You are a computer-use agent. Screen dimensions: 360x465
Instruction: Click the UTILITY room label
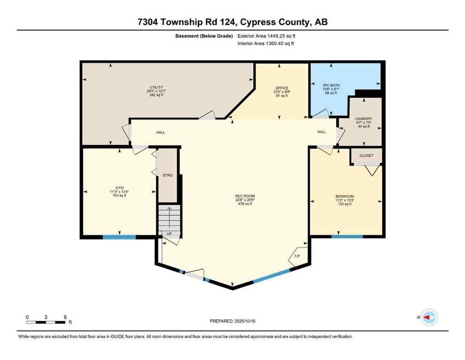(x=156, y=88)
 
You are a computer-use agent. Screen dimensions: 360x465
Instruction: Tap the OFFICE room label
(x=281, y=88)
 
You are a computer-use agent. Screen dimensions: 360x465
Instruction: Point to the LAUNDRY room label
(x=363, y=119)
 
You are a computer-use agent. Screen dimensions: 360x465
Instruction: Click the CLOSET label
(x=367, y=155)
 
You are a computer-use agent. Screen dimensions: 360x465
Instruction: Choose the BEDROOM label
(x=344, y=196)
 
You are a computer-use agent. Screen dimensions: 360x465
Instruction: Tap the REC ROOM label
(x=245, y=196)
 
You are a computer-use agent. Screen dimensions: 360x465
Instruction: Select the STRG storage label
(x=167, y=175)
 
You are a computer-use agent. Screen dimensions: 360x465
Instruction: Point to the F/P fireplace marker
(x=297, y=256)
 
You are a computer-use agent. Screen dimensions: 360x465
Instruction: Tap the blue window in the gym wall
(x=119, y=237)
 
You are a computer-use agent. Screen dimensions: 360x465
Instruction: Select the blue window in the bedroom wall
(x=347, y=237)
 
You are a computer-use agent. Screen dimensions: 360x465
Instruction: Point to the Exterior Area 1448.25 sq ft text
(x=266, y=36)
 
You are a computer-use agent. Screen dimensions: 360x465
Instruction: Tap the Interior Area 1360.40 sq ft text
(x=266, y=44)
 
